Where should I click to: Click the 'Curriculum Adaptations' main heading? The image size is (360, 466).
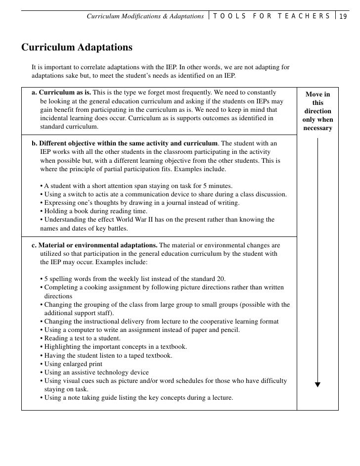tap(77, 47)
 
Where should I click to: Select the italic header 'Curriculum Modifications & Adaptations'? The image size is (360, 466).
tap(145, 16)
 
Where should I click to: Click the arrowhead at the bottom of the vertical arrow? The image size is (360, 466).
tap(317, 384)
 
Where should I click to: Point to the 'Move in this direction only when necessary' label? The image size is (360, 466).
tap(317, 111)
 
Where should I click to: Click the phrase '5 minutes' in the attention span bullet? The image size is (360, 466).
tap(217, 186)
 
